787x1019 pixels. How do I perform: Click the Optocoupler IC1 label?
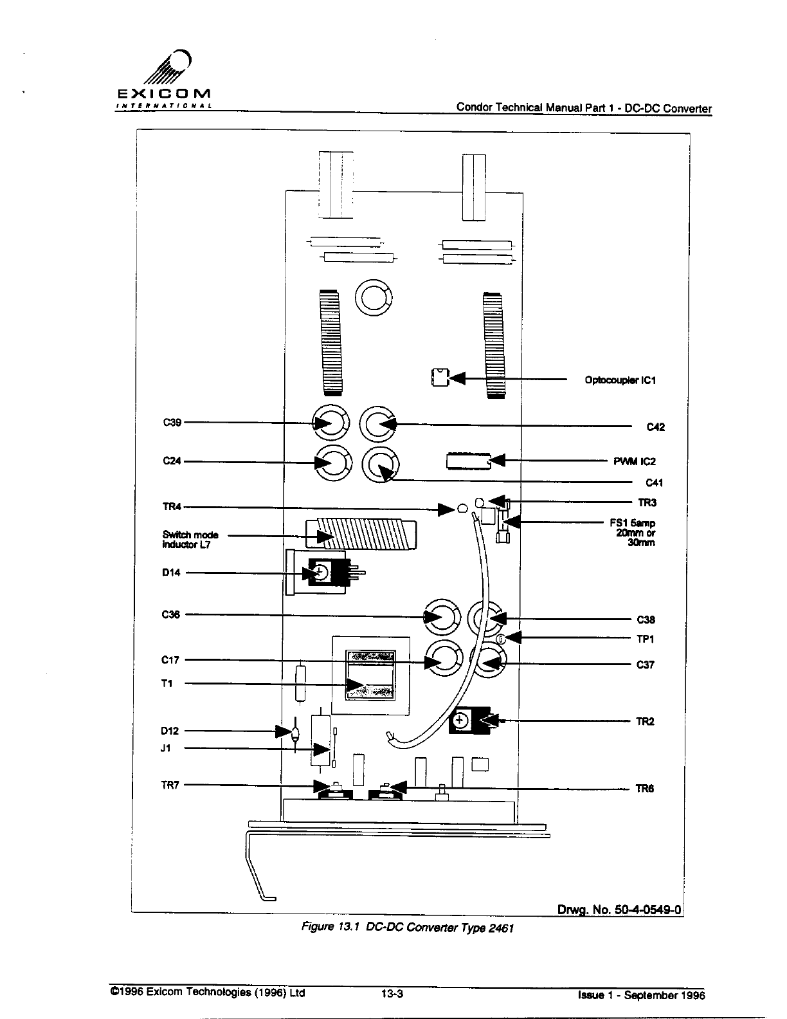tap(620, 380)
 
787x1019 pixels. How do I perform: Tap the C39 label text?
tap(172, 423)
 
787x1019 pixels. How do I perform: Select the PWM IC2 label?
tap(635, 461)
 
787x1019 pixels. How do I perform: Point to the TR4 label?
tap(172, 507)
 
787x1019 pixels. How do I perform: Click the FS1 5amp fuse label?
tap(633, 533)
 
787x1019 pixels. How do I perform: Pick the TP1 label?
tap(645, 639)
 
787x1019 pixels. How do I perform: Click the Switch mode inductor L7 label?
tap(190, 539)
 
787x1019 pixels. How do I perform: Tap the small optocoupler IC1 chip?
tap(440, 377)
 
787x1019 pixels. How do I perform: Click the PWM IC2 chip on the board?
tap(467, 461)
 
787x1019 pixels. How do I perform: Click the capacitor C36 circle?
tap(442, 618)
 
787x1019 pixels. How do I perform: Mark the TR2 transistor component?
tap(469, 722)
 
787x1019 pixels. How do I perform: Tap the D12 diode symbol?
tap(294, 731)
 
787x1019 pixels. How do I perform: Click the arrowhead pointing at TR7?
tap(321, 786)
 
